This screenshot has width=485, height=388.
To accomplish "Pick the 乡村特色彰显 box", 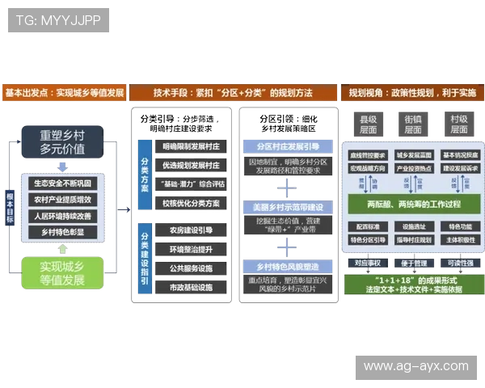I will [63, 232].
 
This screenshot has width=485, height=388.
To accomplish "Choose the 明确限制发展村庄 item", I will [191, 148].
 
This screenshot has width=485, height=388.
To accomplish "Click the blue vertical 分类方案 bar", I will [144, 175].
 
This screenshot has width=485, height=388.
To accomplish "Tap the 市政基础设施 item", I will [191, 287].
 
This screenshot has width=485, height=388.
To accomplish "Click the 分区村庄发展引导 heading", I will [288, 147].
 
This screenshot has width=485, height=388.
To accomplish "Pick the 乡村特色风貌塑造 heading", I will [288, 265].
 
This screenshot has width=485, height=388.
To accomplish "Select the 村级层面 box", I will [459, 124].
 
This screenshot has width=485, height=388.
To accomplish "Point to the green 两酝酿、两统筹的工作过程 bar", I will [413, 204].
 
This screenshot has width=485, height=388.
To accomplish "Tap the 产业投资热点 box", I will [413, 169].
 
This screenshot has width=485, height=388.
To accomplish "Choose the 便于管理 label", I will [413, 263].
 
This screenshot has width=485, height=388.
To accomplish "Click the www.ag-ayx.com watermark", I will [415, 366].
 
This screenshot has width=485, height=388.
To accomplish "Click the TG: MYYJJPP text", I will [59, 20].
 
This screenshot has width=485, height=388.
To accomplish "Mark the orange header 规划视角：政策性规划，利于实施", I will [412, 93].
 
